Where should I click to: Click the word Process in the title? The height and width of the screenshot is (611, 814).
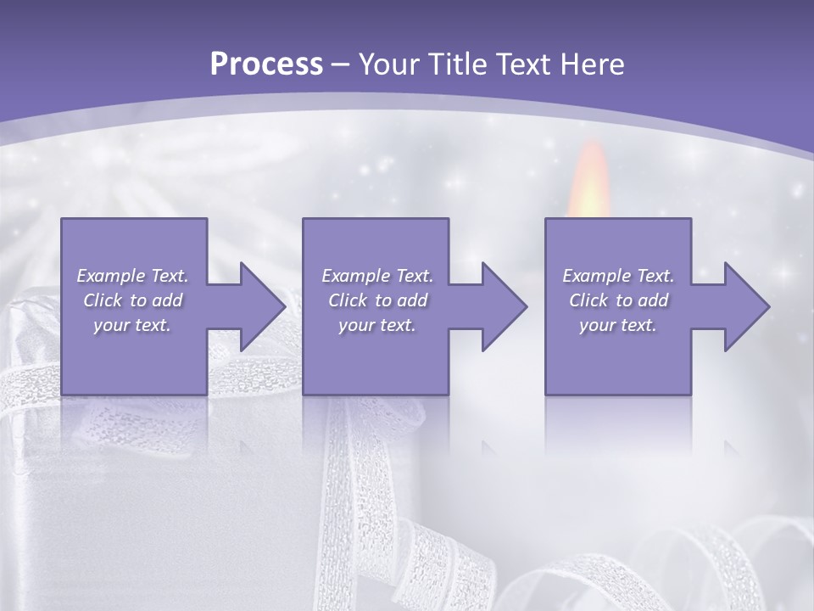point(266,64)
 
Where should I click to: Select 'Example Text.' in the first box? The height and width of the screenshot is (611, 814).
point(132,276)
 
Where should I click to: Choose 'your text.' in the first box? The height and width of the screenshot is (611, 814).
point(132,325)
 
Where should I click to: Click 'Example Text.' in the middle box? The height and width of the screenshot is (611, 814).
point(377,276)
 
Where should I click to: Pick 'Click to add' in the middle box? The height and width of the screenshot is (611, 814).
point(377,300)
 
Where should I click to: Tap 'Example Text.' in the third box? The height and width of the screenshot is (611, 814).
point(618,276)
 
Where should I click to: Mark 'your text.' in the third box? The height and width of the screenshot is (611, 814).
point(618,325)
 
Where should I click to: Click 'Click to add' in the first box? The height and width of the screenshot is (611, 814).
point(132,300)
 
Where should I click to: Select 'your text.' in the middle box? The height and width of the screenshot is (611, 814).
point(377,325)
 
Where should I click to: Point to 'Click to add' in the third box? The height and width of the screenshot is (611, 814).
point(618,300)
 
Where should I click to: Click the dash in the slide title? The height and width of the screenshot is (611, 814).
point(340,64)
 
